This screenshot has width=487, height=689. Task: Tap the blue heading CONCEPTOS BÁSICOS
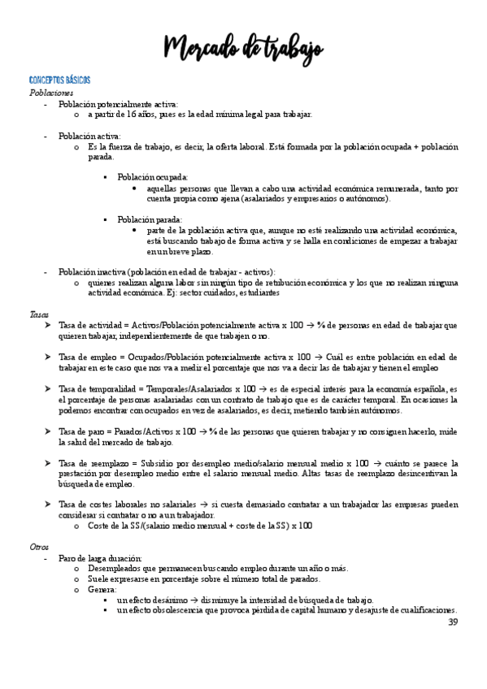click(59, 81)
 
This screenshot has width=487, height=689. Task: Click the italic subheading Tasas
click(38, 313)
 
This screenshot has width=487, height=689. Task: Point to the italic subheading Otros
click(39, 547)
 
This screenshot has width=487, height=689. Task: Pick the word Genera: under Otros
click(102, 589)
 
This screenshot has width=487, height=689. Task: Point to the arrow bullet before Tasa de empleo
click(48, 357)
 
